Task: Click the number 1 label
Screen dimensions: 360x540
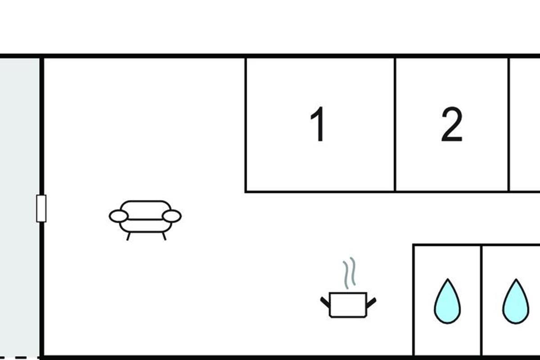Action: click(318, 125)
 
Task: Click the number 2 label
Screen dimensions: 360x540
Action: click(451, 125)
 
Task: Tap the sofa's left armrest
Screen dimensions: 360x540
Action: click(119, 216)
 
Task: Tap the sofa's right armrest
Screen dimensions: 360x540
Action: click(171, 216)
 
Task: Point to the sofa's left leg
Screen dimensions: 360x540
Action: click(129, 236)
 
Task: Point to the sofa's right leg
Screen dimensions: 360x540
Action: click(164, 236)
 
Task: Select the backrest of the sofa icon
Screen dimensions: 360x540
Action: click(145, 207)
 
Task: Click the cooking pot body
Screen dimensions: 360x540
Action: click(348, 305)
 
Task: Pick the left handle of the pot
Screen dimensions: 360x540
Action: click(324, 301)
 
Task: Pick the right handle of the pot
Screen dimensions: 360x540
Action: click(372, 301)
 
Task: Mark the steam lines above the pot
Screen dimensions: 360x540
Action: click(349, 273)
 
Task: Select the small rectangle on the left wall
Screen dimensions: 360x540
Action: click(41, 208)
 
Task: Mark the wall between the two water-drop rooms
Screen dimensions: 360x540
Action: click(481, 301)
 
